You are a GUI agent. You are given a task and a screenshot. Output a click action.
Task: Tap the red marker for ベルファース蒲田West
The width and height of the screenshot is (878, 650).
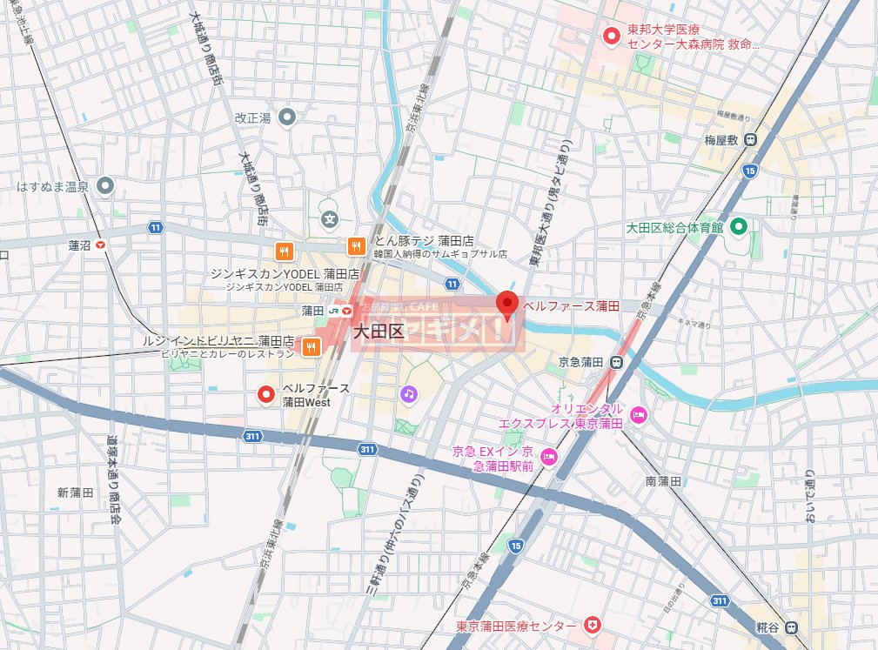tap(267, 395)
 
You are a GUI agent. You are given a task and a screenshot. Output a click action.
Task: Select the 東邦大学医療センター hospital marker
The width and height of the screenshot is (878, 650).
tap(612, 36)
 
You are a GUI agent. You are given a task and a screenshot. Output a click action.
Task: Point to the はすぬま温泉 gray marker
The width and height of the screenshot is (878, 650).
tap(105, 186)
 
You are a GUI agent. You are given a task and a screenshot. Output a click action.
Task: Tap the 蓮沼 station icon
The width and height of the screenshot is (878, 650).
tap(103, 245)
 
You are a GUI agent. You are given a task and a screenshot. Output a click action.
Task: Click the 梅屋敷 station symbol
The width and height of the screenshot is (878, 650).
tap(751, 139)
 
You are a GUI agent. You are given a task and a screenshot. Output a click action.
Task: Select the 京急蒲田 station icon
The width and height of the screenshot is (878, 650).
tap(616, 362)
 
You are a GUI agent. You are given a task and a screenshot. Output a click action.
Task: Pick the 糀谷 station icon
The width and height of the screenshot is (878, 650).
tap(789, 627)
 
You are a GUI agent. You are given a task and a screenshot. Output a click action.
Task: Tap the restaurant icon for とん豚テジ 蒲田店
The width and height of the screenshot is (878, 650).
tap(355, 247)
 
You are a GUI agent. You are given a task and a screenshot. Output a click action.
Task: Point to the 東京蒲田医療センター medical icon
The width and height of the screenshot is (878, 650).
tap(592, 626)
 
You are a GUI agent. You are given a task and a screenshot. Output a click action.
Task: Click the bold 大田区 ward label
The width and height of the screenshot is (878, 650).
tap(379, 331)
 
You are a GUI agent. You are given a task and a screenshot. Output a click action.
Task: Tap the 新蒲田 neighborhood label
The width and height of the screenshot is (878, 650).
tap(75, 493)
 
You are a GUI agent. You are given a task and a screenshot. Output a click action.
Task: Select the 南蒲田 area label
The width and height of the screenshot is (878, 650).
tap(662, 481)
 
